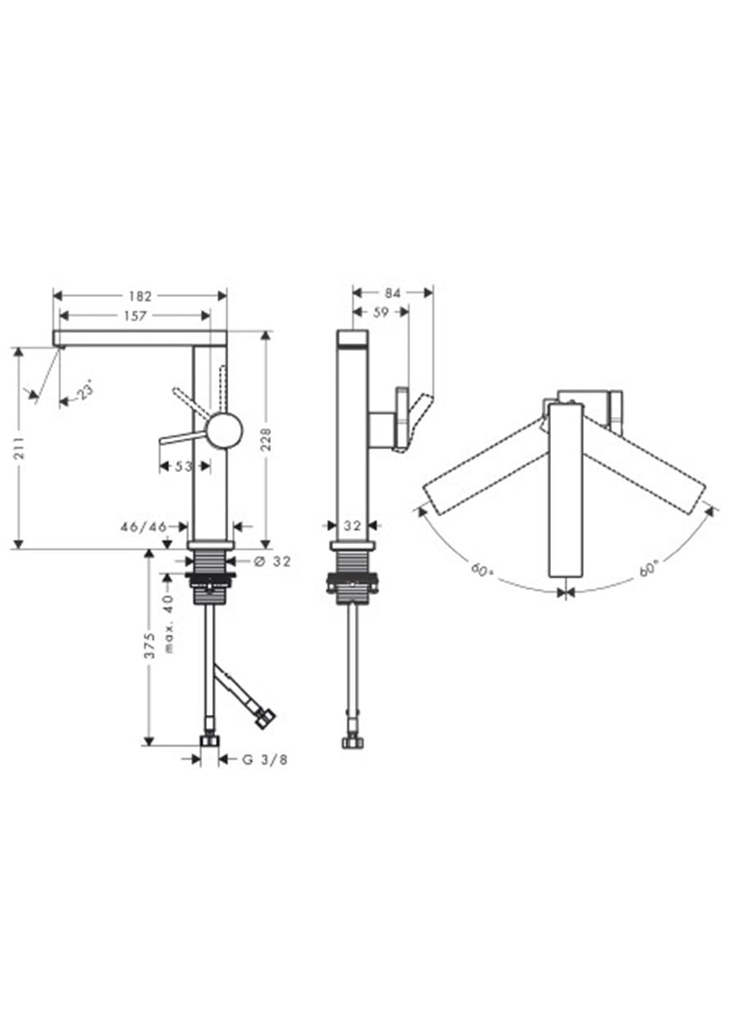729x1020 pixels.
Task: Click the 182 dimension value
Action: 140,297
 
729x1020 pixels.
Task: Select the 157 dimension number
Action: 135,316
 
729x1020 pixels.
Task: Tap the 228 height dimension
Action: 266,439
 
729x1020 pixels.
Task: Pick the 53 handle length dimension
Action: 183,466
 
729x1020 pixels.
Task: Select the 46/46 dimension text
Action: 144,527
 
